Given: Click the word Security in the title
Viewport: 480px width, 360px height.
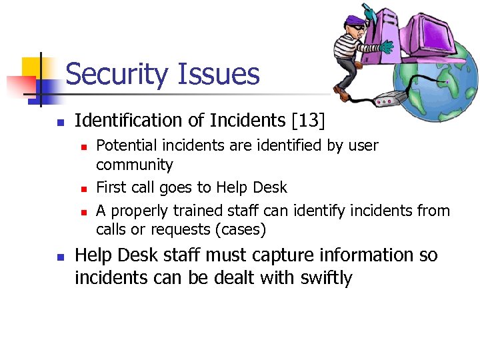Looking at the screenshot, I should [x=115, y=74].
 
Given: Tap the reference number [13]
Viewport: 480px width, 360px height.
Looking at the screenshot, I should [x=308, y=121].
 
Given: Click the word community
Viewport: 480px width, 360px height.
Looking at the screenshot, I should [x=134, y=165].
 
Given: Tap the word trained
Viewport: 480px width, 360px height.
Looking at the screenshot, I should [x=197, y=211].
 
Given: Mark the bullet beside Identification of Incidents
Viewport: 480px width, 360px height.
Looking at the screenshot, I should [x=59, y=122].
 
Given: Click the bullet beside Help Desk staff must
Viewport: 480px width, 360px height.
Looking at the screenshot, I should [x=59, y=257].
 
